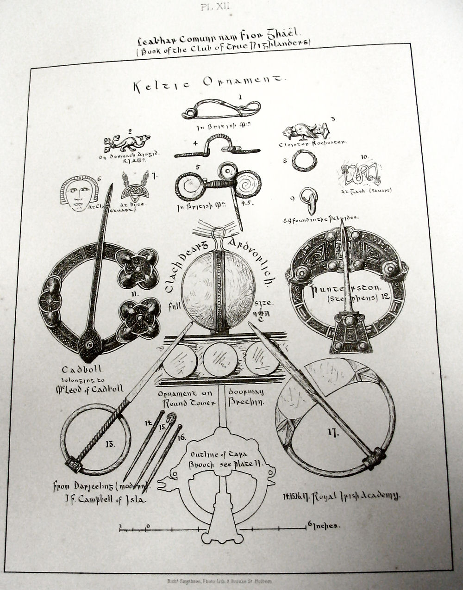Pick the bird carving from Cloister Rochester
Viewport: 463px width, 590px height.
[304, 131]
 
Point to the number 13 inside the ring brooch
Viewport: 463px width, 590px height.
[110, 445]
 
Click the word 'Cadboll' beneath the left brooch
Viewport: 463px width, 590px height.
[81, 370]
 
